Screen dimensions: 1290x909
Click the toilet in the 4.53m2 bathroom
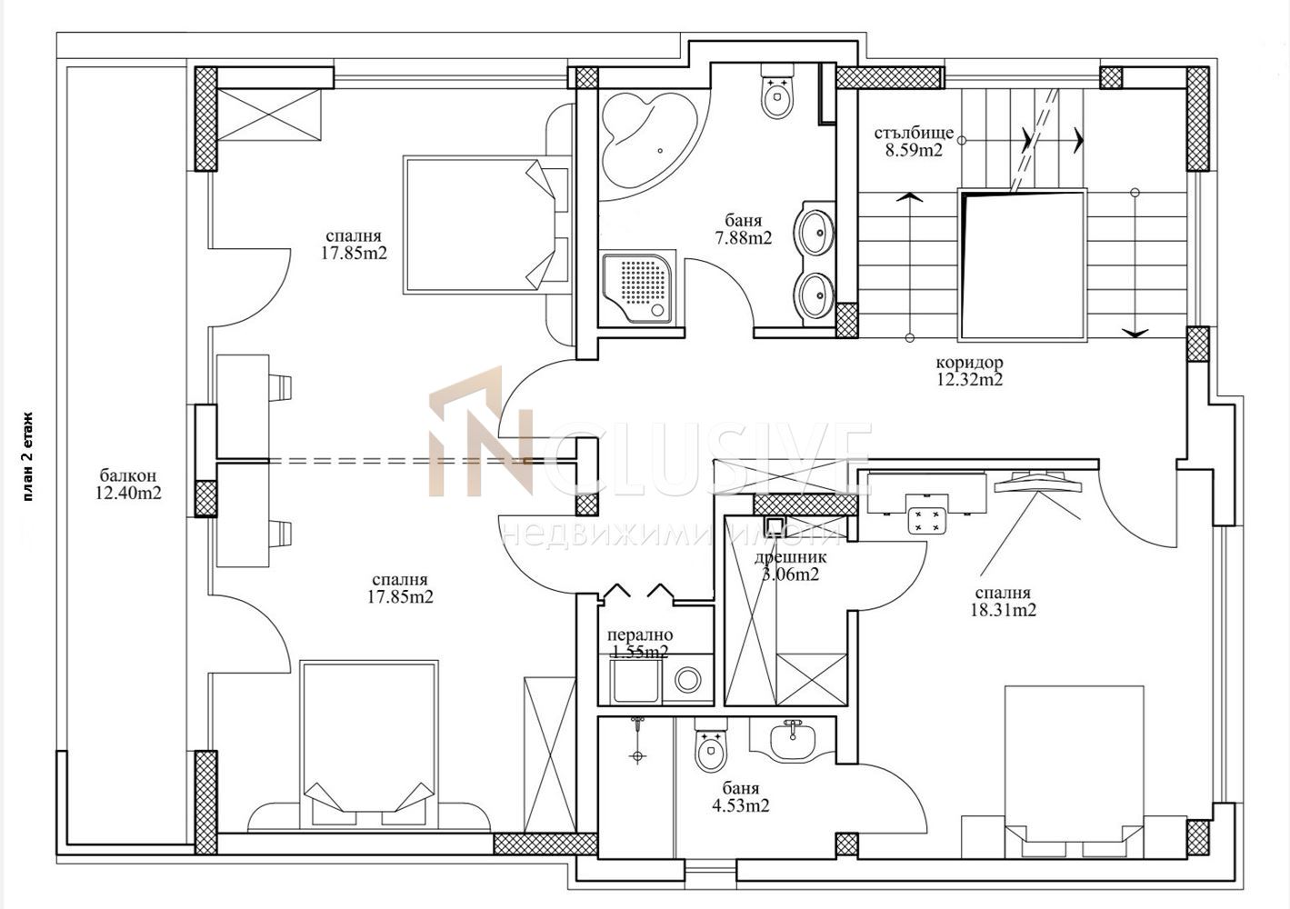pos(712,744)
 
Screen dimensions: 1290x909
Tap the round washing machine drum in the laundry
pos(687,680)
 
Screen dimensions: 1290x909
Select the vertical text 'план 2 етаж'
pos(29,456)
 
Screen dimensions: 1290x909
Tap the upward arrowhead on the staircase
pos(909,197)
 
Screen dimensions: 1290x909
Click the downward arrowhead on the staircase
pos(1135,333)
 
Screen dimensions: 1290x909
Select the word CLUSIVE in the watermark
pos(704,458)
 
